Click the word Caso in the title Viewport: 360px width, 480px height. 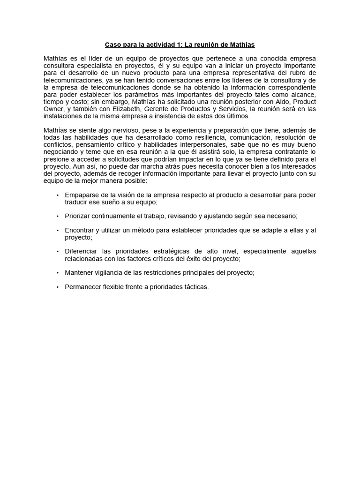[112, 45]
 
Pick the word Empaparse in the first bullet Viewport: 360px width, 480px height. [80, 195]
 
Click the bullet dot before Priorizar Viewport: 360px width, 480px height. [57, 216]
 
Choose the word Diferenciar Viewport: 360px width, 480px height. [82, 251]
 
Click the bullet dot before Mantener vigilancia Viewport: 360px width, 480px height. [57, 272]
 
